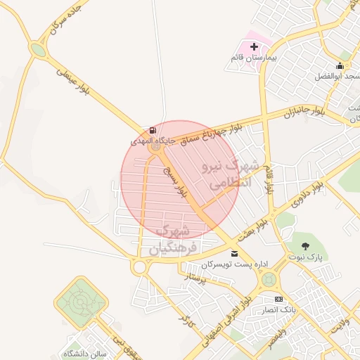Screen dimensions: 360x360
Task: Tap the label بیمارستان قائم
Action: (x=255, y=56)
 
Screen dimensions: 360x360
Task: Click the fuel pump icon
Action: (x=153, y=131)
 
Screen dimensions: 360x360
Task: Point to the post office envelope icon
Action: (x=234, y=253)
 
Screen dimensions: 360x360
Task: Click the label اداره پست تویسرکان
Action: (x=235, y=264)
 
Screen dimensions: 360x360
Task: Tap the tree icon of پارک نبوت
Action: (x=305, y=245)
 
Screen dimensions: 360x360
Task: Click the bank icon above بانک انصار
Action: (x=278, y=299)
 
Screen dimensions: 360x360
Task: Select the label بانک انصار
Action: (x=279, y=309)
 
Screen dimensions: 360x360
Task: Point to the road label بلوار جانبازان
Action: (x=305, y=112)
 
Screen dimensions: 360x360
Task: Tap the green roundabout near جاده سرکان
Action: (x=38, y=51)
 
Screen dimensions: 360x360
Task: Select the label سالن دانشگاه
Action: (x=84, y=353)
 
